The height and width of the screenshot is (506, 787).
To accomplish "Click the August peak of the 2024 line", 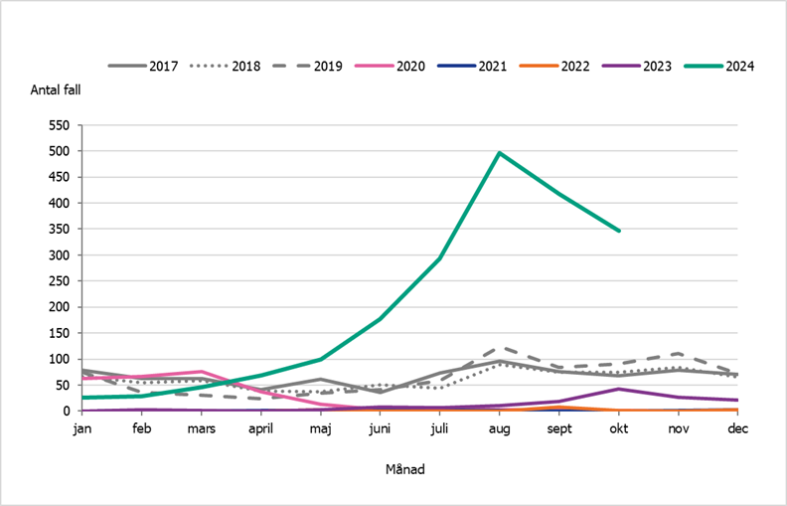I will pos(499,153).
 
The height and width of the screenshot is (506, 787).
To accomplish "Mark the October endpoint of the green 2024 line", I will pos(618,231).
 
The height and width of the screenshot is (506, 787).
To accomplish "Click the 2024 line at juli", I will pos(439,258).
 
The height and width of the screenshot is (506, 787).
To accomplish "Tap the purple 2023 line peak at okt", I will pos(618,389).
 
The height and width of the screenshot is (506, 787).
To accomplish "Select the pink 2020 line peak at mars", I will pos(201,372).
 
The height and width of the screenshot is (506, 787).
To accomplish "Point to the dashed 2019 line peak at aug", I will pos(499,348).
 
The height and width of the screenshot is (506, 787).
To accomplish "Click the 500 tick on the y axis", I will pos(60,151).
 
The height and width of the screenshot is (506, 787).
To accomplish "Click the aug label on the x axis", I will pos(499,428).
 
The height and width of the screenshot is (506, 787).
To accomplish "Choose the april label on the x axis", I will pos(260,428).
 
